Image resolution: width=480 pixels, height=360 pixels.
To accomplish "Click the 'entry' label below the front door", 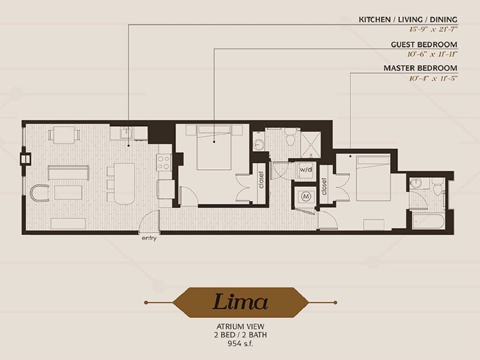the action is coord(149,238).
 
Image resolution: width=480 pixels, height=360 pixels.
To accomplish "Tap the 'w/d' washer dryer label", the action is coord(306,169).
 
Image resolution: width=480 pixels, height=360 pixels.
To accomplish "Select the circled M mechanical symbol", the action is coord(306,196).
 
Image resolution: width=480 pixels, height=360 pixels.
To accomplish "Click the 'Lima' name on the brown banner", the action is coord(240,302).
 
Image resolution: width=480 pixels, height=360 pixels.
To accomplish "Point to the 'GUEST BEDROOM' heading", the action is coord(424,45).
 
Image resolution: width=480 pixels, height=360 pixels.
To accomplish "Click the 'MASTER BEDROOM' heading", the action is coord(420,68).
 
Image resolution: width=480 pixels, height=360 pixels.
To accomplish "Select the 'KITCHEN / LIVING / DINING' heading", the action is coord(408,20).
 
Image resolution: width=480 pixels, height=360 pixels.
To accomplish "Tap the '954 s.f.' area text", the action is coord(240,344).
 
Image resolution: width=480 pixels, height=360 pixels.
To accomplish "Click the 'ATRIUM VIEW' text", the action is coord(240,327).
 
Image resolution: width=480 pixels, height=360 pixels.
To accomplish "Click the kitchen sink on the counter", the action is coord(126,133).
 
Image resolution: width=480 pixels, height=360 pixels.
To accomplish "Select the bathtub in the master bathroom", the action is coord(428,221).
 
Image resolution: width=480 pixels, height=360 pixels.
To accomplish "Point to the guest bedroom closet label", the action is coord(261,180).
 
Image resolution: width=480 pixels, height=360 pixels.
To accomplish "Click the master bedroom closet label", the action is coord(324,187).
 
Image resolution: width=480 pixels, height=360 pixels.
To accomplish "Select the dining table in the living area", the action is coord(64,135).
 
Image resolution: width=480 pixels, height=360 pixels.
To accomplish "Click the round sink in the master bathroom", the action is coord(416,183).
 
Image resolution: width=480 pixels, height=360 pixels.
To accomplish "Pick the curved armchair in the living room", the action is coord(40,193).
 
